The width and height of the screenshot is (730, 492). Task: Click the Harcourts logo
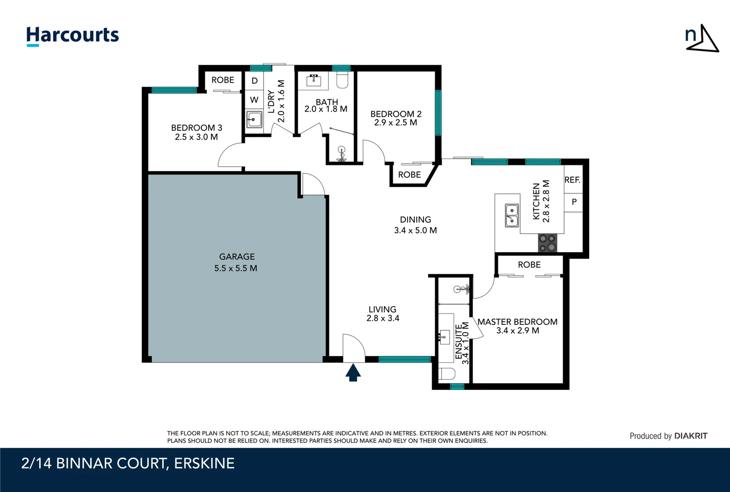click(72, 36)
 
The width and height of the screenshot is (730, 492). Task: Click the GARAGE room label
click(237, 257)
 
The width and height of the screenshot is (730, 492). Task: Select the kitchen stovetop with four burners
click(547, 243)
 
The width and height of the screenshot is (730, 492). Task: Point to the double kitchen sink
click(512, 215)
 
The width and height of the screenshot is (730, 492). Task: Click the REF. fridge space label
click(572, 179)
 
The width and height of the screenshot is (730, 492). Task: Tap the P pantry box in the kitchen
click(574, 202)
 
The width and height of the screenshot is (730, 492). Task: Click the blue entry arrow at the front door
click(353, 373)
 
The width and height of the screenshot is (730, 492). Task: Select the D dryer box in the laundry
click(254, 81)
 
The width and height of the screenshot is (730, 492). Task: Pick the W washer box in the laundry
click(254, 99)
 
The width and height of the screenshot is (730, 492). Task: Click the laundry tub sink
click(254, 119)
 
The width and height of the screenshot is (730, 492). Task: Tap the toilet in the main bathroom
click(342, 80)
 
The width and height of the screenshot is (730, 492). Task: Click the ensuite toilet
click(447, 374)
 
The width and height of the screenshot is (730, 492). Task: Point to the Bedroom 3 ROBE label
click(223, 80)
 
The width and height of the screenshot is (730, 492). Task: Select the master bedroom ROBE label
click(529, 265)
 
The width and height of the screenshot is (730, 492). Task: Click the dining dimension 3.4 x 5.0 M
click(415, 231)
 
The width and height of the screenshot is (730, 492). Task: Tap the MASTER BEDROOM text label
click(517, 322)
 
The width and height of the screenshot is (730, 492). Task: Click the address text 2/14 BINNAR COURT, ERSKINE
click(128, 463)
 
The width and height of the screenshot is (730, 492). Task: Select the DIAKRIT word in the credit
click(691, 436)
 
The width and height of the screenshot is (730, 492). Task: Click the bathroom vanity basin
click(313, 80)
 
